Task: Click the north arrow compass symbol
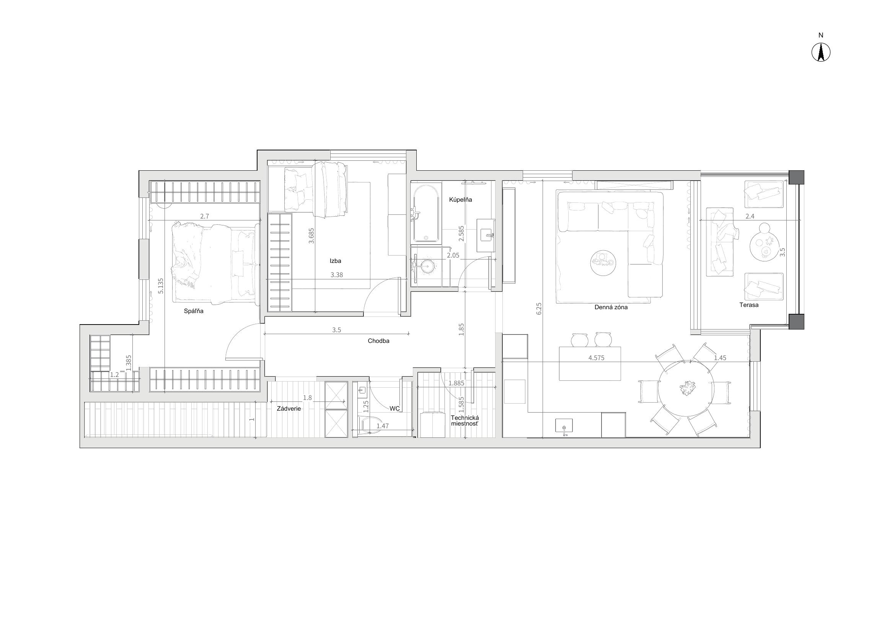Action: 820,52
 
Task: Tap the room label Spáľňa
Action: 194,312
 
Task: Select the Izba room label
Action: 335,261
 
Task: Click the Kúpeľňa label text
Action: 460,199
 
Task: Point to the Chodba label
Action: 378,341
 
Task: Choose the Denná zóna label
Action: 611,307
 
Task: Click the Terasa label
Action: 749,305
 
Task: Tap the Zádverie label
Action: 289,409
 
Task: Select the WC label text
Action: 395,408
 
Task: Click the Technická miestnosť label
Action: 464,420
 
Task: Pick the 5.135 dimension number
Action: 161,286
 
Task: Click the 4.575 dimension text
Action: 597,358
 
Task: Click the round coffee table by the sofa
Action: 603,263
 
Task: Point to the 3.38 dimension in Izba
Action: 337,275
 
